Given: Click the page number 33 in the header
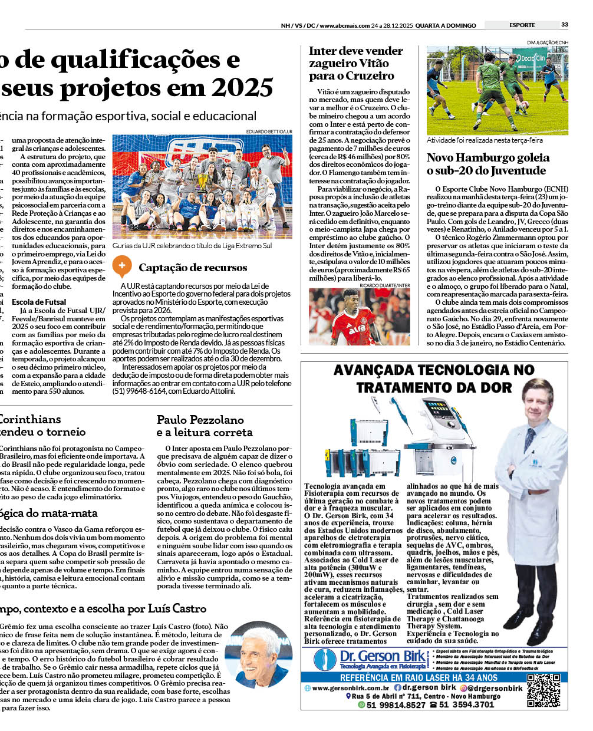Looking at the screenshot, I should (565, 25).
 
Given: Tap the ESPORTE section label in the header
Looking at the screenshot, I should (522, 25).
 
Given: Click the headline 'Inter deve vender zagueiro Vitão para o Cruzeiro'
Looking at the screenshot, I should (355, 63).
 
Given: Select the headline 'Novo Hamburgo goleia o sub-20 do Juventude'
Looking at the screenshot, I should (487, 164).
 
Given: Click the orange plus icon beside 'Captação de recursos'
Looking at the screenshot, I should (121, 266).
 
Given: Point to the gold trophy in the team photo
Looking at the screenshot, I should (203, 182).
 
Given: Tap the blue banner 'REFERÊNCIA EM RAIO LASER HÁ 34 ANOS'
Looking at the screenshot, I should (419, 678).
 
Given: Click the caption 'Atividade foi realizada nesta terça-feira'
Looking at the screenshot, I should (485, 140).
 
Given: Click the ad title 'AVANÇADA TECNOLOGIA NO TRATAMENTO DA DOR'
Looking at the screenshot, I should (434, 378).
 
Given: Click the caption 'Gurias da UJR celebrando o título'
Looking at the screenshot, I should (192, 245).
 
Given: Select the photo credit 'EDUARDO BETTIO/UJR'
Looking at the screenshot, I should (269, 131).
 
